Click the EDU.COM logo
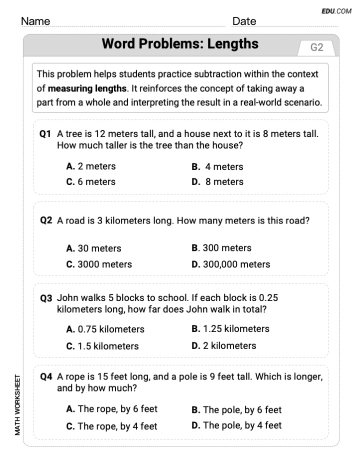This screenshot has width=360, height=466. click(x=336, y=11)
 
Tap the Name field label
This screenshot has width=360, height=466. click(x=35, y=21)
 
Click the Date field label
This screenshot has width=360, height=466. click(x=244, y=21)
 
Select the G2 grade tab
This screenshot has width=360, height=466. click(x=317, y=47)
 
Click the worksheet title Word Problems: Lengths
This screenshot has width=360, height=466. click(x=180, y=44)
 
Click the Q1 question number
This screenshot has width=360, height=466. click(x=46, y=134)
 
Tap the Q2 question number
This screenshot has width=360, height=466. click(x=46, y=220)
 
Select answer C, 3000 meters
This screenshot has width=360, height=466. click(x=99, y=264)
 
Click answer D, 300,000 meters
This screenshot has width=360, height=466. click(x=230, y=264)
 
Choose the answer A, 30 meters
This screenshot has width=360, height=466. click(x=93, y=248)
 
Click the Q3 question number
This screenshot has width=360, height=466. click(x=46, y=298)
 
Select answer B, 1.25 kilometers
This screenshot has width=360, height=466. click(x=230, y=329)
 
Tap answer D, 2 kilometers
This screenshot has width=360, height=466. click(x=223, y=345)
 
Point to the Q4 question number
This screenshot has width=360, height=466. click(x=46, y=377)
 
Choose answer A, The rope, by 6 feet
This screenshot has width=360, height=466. click(x=111, y=409)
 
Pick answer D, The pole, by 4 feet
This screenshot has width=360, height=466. click(x=236, y=425)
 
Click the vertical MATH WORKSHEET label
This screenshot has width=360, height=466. click(x=17, y=404)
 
